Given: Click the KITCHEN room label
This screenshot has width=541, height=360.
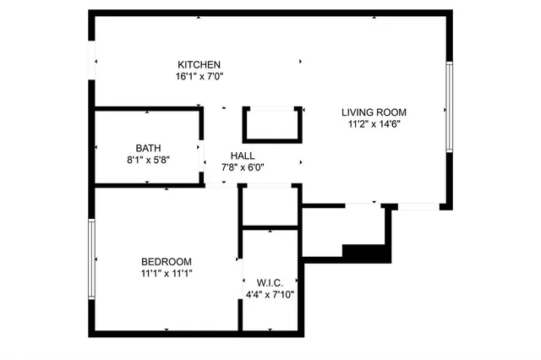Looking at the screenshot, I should tap(199, 65).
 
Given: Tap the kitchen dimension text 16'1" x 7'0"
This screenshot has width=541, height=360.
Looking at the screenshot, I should tap(199, 76).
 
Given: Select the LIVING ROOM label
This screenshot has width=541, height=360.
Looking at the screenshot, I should tap(374, 112).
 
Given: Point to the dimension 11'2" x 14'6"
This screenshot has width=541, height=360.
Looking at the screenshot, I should tap(374, 123).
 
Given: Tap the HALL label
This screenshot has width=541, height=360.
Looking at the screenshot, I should tap(243, 155).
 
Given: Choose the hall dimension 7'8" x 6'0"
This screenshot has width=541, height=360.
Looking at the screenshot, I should tap(243, 166).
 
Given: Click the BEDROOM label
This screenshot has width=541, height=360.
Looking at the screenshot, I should tap(166, 262).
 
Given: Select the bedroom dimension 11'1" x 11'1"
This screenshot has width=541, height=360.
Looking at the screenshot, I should tap(166, 273).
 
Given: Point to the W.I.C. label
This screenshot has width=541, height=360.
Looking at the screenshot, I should tap(270, 282).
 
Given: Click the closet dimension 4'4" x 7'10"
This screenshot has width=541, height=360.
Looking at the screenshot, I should tap(270, 294).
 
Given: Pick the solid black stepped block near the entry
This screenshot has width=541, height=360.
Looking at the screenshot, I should tap(365, 251).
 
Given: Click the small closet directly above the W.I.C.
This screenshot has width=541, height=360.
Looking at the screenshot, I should tap(270, 205).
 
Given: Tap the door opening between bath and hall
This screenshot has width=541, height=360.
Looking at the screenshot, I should tap(203, 161).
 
